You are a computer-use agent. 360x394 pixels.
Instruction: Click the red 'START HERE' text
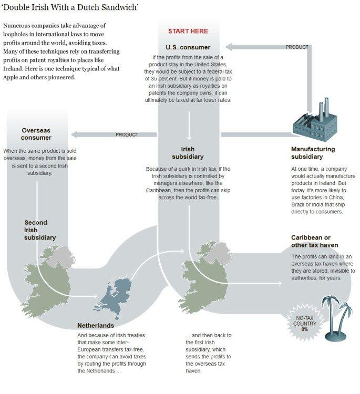click(188, 32)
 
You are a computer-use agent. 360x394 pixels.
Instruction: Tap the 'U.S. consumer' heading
click(188, 47)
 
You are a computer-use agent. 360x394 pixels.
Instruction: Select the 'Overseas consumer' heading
click(36, 134)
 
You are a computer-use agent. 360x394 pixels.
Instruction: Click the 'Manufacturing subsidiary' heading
click(313, 153)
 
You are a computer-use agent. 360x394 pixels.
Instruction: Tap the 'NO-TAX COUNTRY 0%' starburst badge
click(305, 321)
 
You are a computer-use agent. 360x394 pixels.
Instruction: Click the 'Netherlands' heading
click(96, 326)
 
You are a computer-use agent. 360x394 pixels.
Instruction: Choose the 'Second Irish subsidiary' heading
click(39, 230)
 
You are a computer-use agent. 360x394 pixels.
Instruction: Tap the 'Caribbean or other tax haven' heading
click(314, 241)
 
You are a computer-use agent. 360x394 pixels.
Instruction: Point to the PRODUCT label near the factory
click(297, 47)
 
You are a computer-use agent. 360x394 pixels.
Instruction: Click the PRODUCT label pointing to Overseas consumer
click(127, 134)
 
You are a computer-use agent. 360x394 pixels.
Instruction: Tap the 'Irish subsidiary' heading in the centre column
click(188, 153)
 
